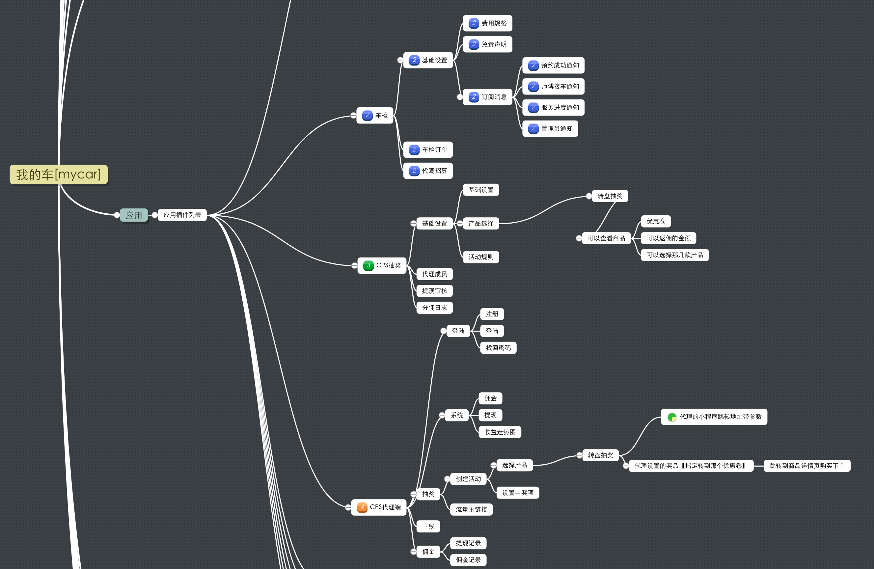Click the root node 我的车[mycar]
pyautogui.click(x=59, y=175)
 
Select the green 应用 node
pyautogui.click(x=134, y=215)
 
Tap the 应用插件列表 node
pyautogui.click(x=182, y=215)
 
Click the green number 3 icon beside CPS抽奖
pyautogui.click(x=368, y=265)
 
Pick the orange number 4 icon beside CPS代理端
pyautogui.click(x=362, y=507)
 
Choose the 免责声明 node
pyautogui.click(x=487, y=44)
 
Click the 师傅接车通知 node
pyautogui.click(x=553, y=87)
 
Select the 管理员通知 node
pyautogui.click(x=550, y=128)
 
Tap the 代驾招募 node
pyautogui.click(x=428, y=171)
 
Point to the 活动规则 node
pyautogui.click(x=481, y=257)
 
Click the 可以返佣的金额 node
pyautogui.click(x=669, y=238)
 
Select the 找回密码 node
pyautogui.click(x=498, y=348)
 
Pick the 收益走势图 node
pyautogui.click(x=500, y=432)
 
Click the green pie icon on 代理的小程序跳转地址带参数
pyautogui.click(x=672, y=417)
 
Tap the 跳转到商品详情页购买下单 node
pyautogui.click(x=807, y=466)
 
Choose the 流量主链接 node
pyautogui.click(x=472, y=509)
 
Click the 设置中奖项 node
pyautogui.click(x=518, y=493)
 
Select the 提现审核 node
pyautogui.click(x=434, y=291)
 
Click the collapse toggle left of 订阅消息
pyautogui.click(x=460, y=97)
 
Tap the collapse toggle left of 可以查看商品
pyautogui.click(x=579, y=238)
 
